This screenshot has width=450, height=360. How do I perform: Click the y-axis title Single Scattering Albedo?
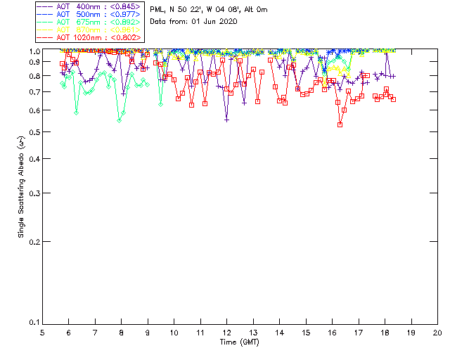coord(20,187)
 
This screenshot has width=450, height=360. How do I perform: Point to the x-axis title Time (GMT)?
coord(240,342)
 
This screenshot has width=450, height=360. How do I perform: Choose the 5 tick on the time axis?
coord(42,332)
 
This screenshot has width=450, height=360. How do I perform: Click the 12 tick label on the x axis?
coord(226,332)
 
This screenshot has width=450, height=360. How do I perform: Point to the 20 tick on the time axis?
coord(437,332)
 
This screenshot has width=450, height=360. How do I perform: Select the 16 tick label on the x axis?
coord(332,332)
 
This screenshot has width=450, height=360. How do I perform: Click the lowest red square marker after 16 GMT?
coord(340,124)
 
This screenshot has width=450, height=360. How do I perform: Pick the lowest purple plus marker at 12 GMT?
coord(226,120)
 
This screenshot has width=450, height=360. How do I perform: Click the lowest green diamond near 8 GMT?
coord(120,120)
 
